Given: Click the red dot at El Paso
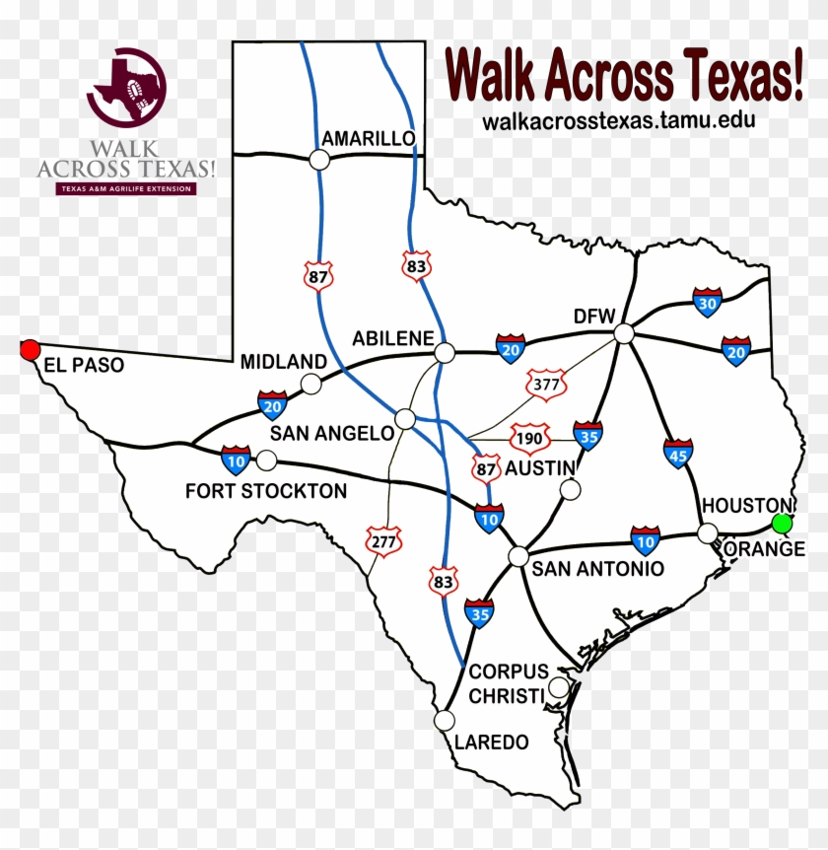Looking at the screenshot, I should point(31,349).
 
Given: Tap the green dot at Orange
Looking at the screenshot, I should point(782,523).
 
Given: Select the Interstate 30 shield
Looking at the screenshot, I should point(707,302).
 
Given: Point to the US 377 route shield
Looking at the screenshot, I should point(545,384).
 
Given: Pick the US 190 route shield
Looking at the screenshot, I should point(527,436).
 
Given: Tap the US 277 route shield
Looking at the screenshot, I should point(383,539).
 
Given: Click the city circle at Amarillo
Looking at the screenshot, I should point(319,159).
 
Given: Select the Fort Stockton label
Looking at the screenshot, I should point(266,490).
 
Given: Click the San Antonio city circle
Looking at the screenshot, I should point(518,556).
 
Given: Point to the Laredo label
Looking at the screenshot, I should point(491,742).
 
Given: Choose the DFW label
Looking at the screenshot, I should point(594,317).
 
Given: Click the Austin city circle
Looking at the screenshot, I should point(570,490).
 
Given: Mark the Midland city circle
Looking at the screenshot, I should point(311,384).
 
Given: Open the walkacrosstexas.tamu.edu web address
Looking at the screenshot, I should point(605,120).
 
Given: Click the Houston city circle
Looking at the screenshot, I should point(707,533).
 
